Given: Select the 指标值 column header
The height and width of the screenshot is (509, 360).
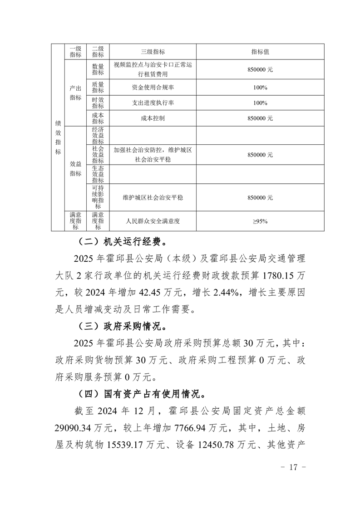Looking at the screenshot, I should click(x=260, y=51).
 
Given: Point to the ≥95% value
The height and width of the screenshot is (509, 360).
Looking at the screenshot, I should click(x=260, y=221).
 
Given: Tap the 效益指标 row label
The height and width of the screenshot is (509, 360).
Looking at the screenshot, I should click(x=75, y=168).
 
